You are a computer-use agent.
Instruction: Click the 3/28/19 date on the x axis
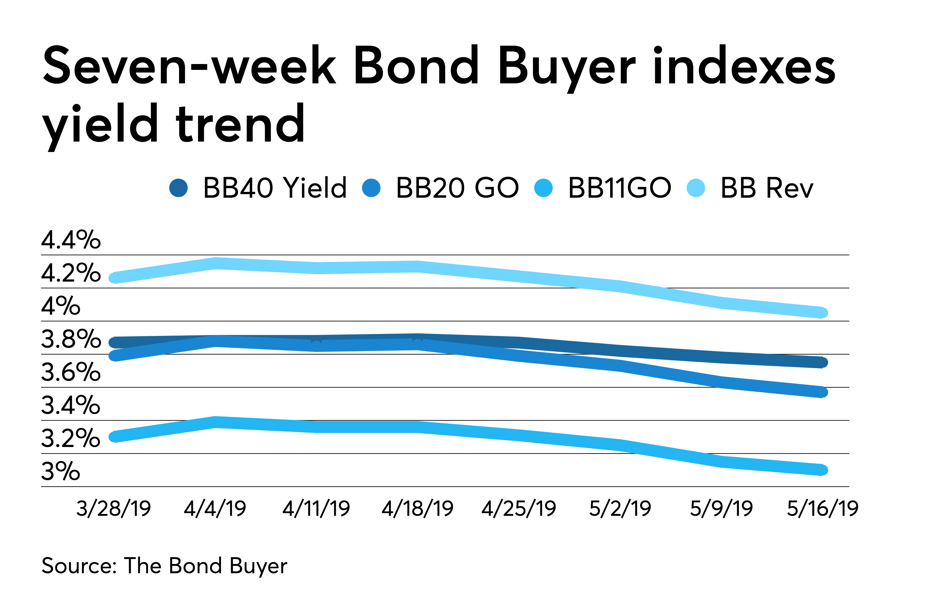pos(114,509)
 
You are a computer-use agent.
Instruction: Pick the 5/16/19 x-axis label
pos(822,509)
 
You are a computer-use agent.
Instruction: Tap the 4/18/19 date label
pos(418,509)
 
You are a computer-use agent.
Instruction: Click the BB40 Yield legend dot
pos(179,188)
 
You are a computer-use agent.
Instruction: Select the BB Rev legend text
pos(767,188)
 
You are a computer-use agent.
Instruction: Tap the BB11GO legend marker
pos(544,188)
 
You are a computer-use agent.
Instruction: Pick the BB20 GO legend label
pos(457,188)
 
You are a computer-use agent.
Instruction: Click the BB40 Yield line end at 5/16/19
pos(822,362)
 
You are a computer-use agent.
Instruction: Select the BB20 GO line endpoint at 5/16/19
pos(822,392)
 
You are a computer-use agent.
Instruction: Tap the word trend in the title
pos(241,124)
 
